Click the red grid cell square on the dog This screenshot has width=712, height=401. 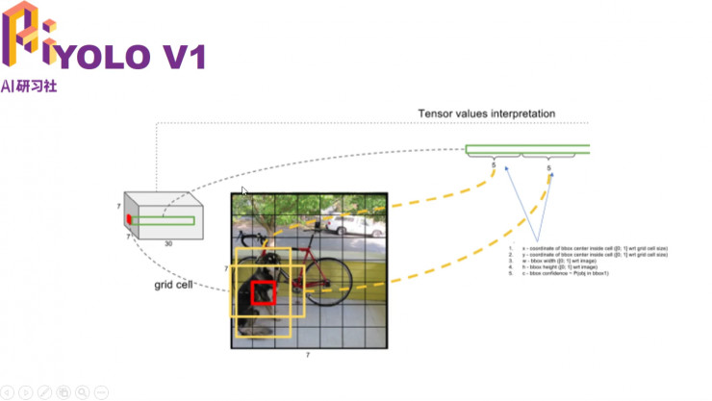pos(264,293)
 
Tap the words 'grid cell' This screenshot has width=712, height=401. pos(174,286)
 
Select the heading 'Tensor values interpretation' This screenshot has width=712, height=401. pos(486,113)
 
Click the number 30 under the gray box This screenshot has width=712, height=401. pos(169,243)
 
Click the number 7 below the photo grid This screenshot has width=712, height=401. pos(308,356)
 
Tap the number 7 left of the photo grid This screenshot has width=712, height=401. pos(226,268)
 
